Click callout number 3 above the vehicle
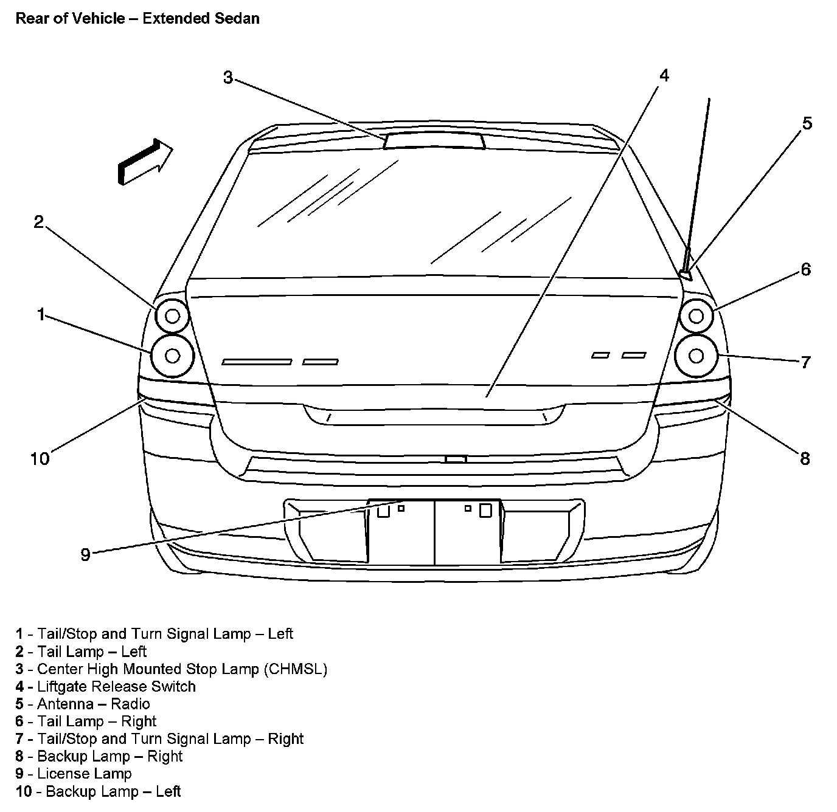click(227, 78)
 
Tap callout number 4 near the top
click(664, 75)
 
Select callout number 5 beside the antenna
click(807, 123)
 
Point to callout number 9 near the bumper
click(85, 554)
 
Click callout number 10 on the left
click(40, 458)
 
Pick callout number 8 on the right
click(805, 458)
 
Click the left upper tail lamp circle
click(172, 315)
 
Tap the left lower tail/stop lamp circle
click(172, 356)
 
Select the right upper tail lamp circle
click(696, 315)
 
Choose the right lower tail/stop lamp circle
click(696, 355)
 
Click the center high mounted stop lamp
click(434, 140)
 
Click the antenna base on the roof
click(686, 275)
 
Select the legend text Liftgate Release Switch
click(116, 687)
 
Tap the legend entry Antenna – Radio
click(93, 704)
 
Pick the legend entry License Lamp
click(84, 774)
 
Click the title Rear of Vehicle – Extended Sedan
click(137, 18)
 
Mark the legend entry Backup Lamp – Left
click(113, 791)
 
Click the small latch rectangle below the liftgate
click(456, 459)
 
